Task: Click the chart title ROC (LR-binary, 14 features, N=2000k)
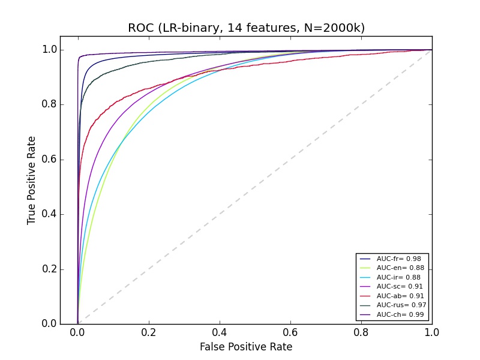point(246,28)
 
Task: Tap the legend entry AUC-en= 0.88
point(396,268)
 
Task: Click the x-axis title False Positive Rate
point(246,347)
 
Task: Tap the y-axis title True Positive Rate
point(32,180)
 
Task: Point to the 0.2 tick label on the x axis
point(148,332)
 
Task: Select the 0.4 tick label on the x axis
point(219,332)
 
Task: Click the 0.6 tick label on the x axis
point(290,332)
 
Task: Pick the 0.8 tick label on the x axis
point(361,332)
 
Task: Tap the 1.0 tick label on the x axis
point(431,332)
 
